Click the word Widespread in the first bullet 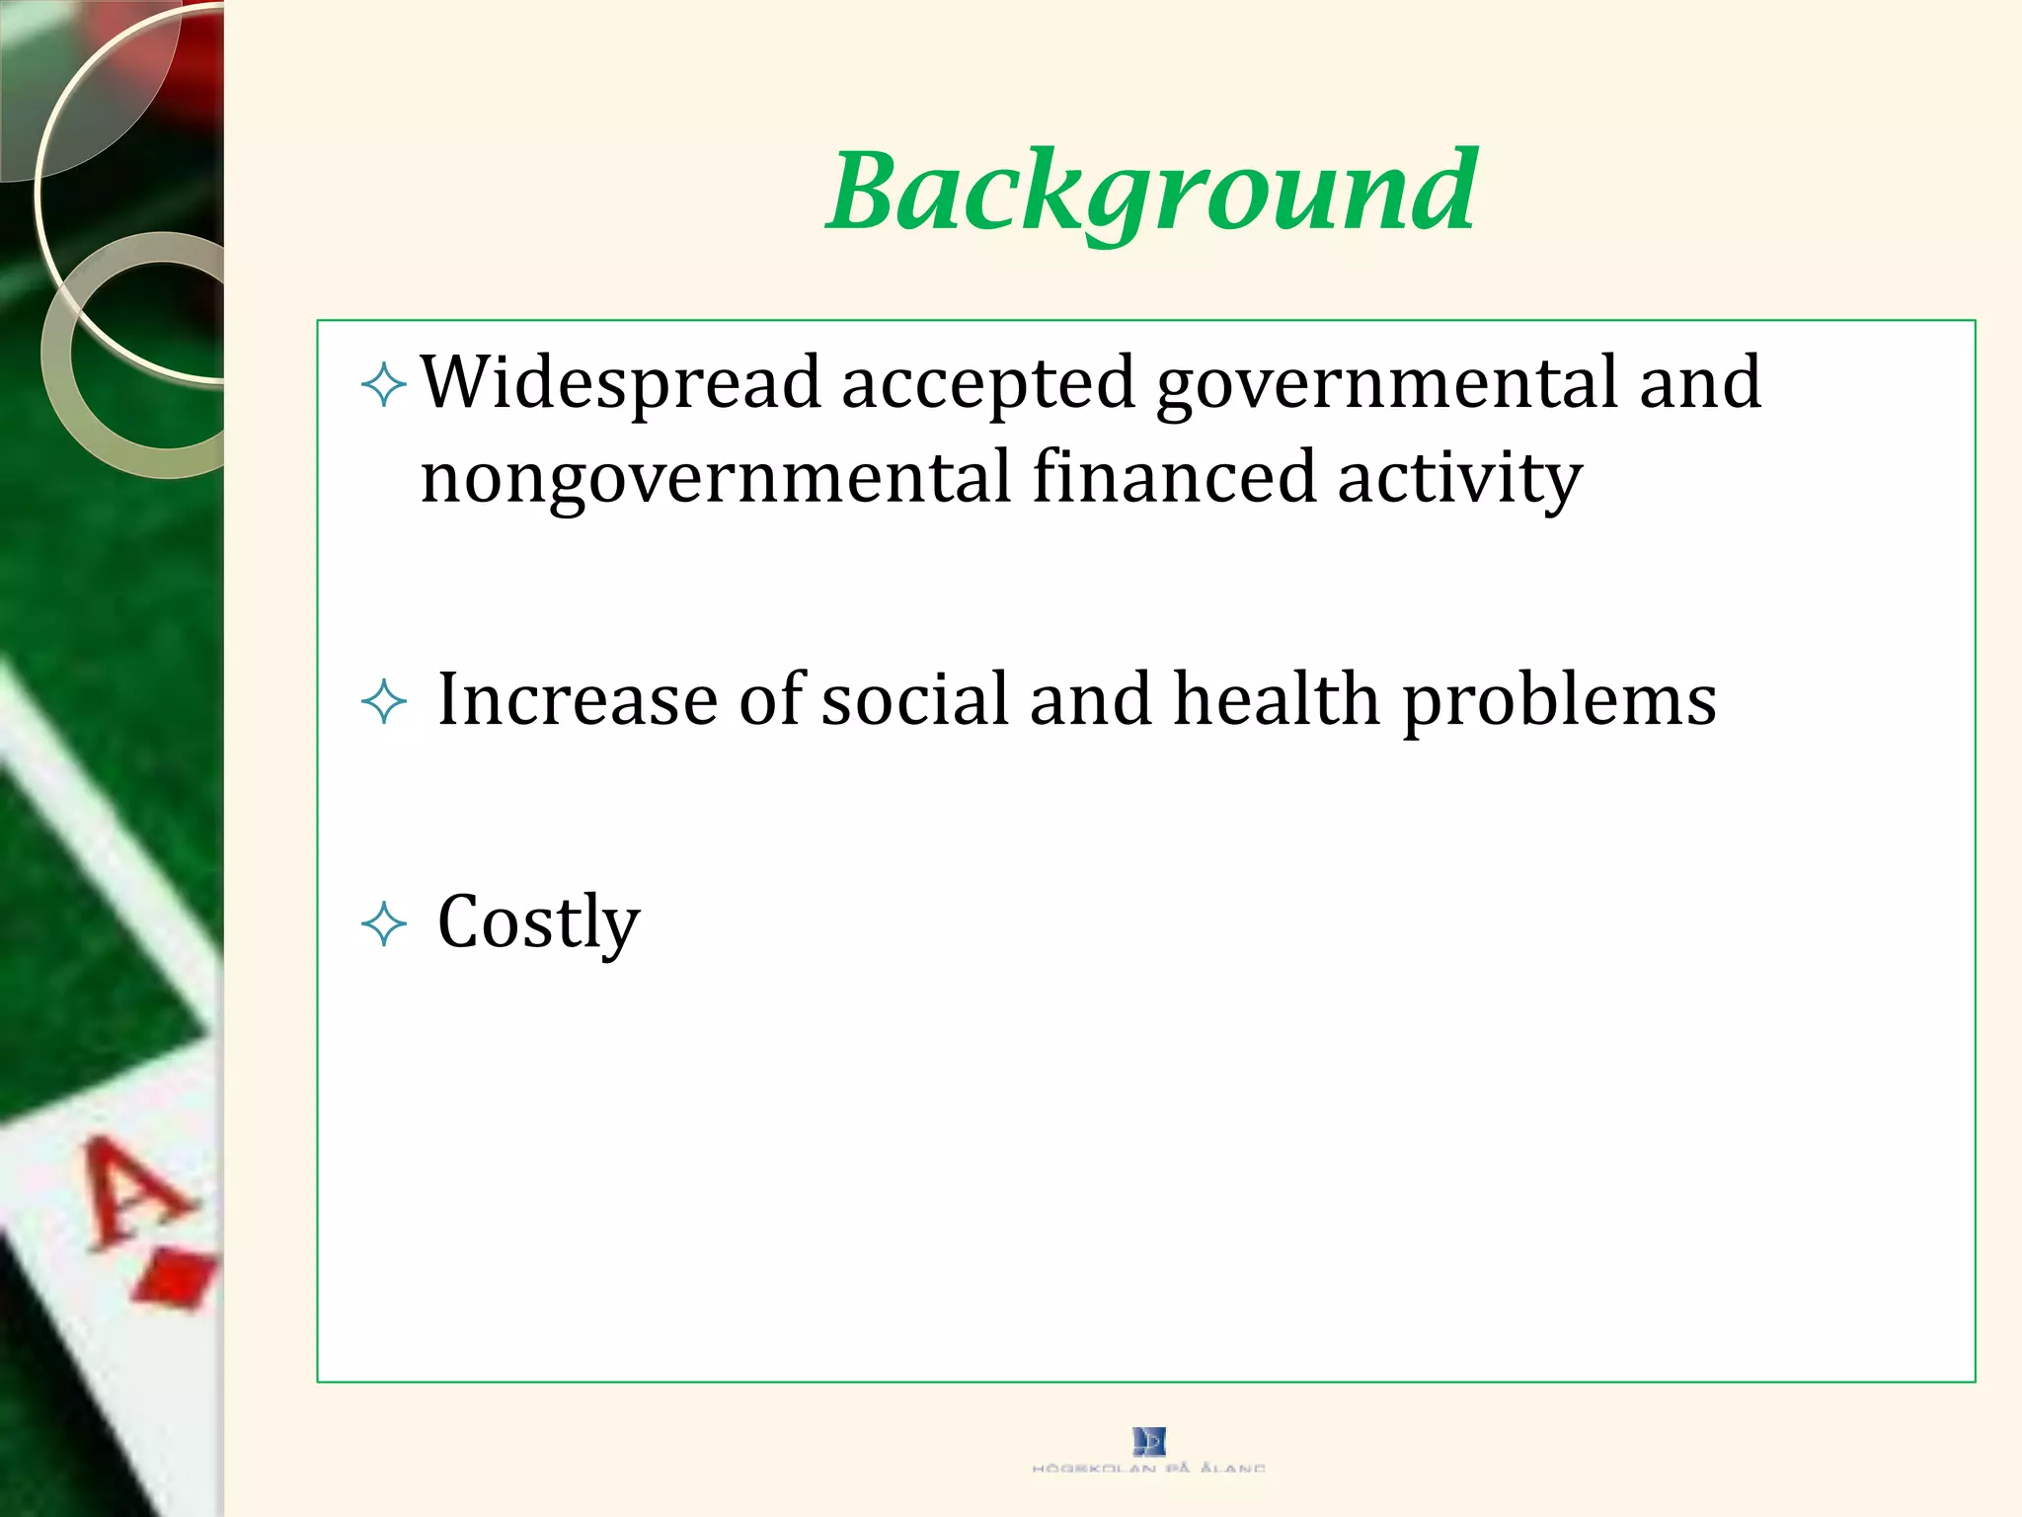(x=621, y=382)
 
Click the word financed (x=1174, y=478)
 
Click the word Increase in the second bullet (x=578, y=700)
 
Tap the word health (x=1276, y=700)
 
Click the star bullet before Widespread (x=384, y=384)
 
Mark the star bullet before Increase (x=384, y=702)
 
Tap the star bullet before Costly (x=384, y=924)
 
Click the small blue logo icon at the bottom (x=1149, y=1442)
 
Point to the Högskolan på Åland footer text (x=1149, y=1469)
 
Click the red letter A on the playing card (x=133, y=1190)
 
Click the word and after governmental (x=1699, y=382)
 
